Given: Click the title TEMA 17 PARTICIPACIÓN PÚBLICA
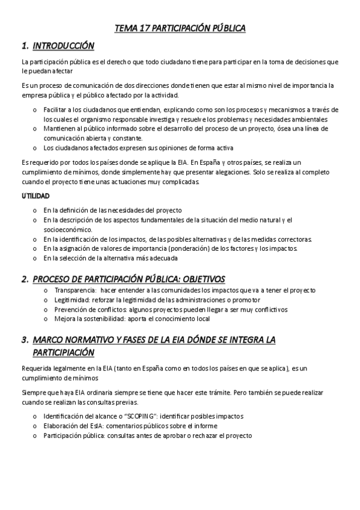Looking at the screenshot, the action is click(180, 28).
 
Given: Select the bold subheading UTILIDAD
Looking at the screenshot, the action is click(35, 196).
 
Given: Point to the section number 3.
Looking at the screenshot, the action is click(25, 339).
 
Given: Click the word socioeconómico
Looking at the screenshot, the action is click(68, 230).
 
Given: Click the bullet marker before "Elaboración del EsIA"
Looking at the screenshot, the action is click(35, 426).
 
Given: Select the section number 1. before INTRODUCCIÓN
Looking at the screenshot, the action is click(25, 46).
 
